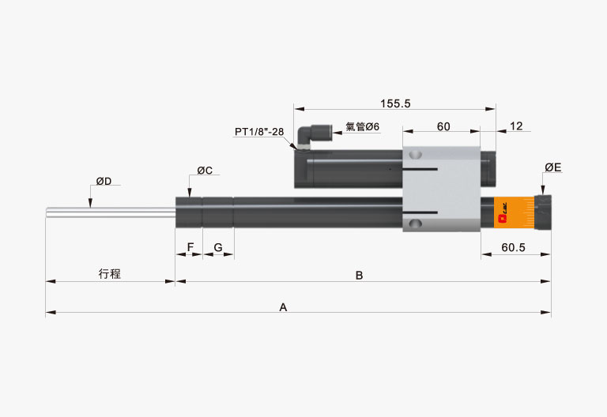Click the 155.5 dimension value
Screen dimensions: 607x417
[395, 103]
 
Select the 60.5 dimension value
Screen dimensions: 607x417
[513, 247]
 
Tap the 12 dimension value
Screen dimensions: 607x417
[516, 126]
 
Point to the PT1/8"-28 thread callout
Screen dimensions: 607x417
[259, 132]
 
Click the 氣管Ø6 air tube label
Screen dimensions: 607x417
[362, 126]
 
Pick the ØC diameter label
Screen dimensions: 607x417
[205, 171]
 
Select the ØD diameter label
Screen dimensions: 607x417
[104, 181]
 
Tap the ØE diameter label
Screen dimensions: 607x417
[552, 167]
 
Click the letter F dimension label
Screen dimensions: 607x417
[190, 247]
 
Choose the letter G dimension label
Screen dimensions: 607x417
[218, 247]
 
